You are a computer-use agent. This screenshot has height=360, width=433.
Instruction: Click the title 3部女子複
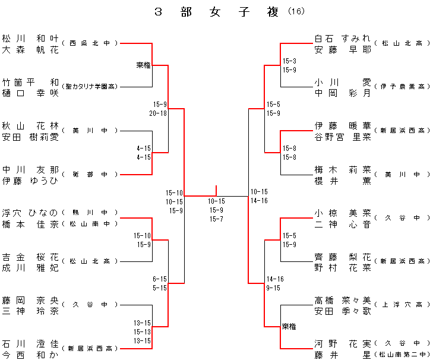[x=216, y=12]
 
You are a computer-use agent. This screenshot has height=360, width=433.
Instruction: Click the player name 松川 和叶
[x=30, y=38]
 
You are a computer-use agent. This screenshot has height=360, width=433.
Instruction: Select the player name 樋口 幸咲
[x=30, y=92]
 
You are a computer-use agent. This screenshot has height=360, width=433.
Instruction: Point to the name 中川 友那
[x=30, y=169]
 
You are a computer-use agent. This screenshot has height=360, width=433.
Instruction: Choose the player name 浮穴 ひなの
[x=30, y=213]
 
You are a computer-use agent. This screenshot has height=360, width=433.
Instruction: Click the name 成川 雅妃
[x=30, y=267]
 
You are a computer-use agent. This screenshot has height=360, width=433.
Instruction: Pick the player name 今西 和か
[x=30, y=355]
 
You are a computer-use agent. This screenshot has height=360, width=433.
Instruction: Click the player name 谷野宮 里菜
[x=343, y=136]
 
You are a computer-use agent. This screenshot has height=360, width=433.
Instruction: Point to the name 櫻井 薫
[x=343, y=180]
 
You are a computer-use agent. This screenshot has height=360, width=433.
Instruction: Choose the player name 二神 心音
[x=343, y=223]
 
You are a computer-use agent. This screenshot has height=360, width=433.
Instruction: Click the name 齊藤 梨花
[x=343, y=257]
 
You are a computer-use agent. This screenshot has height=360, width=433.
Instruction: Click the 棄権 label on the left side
[x=143, y=65]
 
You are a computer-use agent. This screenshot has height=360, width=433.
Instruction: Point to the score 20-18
[x=158, y=113]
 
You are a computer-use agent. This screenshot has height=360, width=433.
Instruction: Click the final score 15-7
[x=216, y=219]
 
